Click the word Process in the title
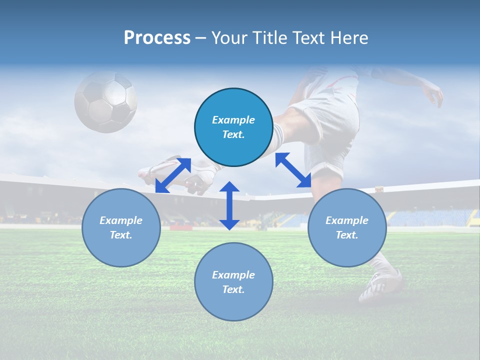157,38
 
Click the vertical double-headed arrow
229,205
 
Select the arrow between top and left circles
173,175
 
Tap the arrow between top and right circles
293,170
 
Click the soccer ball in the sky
105,101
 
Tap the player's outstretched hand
434,94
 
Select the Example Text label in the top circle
233,127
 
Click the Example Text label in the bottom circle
233,282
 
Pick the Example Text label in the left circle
121,227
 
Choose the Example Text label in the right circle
347,227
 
